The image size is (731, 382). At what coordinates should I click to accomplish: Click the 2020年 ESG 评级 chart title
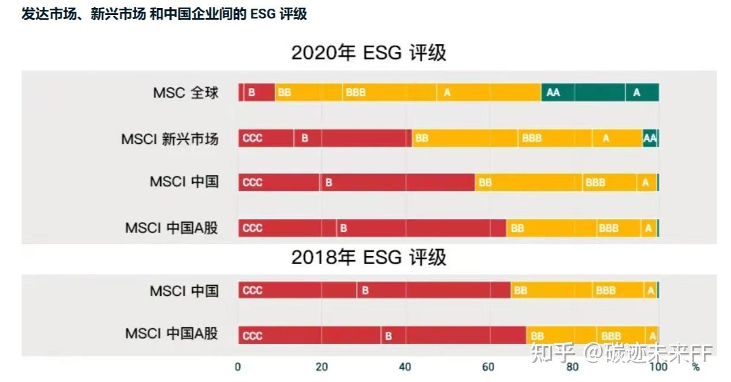tap(368, 53)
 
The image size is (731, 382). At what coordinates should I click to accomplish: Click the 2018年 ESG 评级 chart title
tap(368, 257)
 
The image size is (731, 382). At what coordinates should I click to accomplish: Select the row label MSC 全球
tap(185, 92)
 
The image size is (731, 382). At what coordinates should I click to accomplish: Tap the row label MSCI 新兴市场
tap(170, 139)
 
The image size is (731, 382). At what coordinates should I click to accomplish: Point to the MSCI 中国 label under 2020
tap(184, 181)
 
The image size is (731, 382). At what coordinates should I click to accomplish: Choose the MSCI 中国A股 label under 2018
tap(171, 333)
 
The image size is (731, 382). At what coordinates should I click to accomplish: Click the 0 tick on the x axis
tap(238, 367)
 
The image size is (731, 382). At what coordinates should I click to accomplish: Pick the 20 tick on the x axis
tap(322, 367)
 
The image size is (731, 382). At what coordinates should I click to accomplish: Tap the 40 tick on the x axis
tap(405, 367)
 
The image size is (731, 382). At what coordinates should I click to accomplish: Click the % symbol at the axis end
tap(695, 367)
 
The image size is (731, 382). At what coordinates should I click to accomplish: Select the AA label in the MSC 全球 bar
tap(553, 92)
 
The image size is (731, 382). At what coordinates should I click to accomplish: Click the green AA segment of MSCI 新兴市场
tap(650, 138)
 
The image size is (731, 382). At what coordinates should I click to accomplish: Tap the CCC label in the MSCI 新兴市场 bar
tap(252, 138)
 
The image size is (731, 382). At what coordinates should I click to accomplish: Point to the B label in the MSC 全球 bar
tap(252, 92)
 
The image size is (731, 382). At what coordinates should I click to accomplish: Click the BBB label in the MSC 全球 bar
tap(355, 92)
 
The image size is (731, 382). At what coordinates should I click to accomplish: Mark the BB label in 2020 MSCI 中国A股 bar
tap(517, 228)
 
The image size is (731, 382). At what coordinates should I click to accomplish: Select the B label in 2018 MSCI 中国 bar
tap(365, 291)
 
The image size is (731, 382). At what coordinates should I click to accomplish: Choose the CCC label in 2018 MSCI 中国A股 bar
tap(252, 336)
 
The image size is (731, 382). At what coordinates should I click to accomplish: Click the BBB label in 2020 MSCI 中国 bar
tap(595, 183)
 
